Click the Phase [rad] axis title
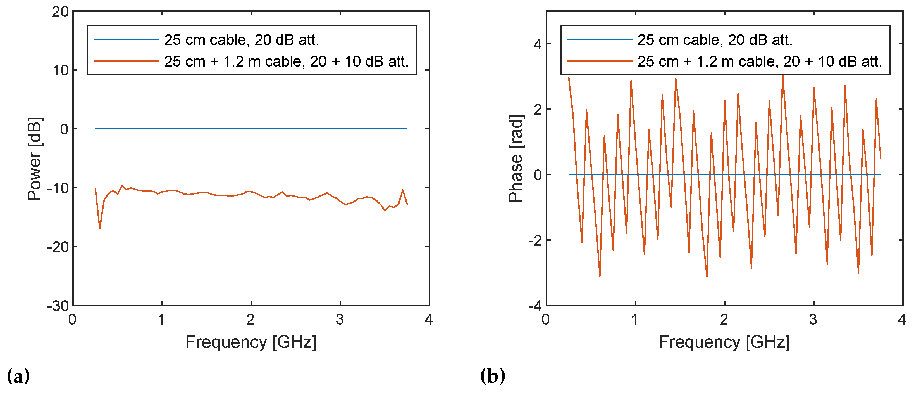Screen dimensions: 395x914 [516, 159]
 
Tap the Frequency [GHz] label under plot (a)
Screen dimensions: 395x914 [251, 342]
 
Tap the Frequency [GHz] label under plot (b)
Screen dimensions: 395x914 [724, 342]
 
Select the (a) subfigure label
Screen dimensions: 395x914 [18, 376]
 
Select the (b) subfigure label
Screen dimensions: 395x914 [493, 376]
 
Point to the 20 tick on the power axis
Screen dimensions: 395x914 [60, 12]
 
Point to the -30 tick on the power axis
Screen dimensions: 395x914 [58, 306]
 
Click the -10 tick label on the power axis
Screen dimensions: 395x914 [58, 188]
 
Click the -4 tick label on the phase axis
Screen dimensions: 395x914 [535, 306]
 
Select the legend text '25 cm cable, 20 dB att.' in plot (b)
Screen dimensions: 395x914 [715, 40]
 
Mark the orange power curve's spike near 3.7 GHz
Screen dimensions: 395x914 [403, 190]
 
